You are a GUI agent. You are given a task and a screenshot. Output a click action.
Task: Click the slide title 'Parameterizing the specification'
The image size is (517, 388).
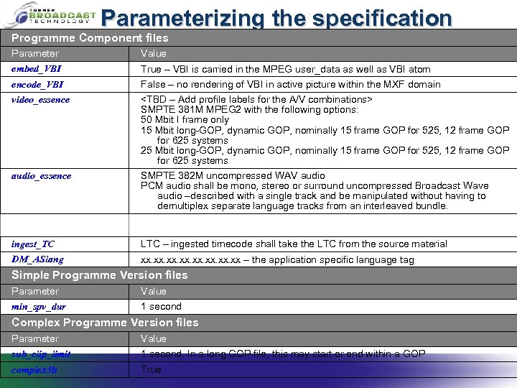[276, 17]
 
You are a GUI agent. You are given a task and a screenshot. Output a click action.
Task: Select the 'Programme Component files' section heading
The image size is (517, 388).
[90, 38]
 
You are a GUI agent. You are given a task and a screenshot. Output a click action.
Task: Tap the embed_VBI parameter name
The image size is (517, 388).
[37, 69]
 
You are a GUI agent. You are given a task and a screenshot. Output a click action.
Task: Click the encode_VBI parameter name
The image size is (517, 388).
[37, 84]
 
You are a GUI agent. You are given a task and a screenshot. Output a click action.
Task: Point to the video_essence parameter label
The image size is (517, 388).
[41, 99]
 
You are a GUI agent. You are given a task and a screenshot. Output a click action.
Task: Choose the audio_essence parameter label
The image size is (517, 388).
[41, 175]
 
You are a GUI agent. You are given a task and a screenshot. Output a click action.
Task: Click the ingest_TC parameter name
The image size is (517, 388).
[33, 244]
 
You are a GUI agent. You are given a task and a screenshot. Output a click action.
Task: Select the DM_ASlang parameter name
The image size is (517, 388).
[37, 259]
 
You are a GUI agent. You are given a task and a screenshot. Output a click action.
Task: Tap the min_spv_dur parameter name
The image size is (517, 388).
[39, 307]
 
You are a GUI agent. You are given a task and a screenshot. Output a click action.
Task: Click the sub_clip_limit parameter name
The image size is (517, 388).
[41, 354]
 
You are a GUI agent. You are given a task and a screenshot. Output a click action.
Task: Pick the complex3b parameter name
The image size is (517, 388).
[34, 369]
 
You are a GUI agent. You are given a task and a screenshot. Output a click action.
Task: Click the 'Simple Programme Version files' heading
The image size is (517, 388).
[100, 275]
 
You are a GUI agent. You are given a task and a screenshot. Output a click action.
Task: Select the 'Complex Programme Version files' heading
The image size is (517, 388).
[105, 323]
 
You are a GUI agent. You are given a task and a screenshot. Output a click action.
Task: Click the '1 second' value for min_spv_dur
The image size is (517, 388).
[161, 307]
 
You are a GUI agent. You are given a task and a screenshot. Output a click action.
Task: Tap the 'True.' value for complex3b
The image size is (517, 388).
[152, 369]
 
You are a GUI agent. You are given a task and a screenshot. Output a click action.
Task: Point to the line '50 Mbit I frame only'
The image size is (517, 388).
[185, 120]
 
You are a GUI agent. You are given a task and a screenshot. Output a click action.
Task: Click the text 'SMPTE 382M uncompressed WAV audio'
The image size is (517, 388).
[233, 175]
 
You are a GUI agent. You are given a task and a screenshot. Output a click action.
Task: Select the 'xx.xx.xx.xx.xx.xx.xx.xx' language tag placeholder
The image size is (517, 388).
[190, 260]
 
